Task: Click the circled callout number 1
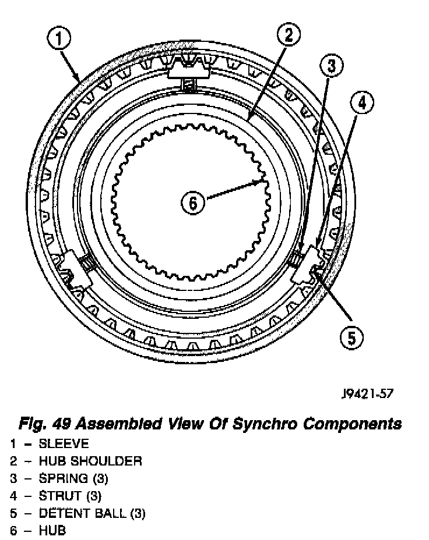click(59, 40)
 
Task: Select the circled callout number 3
click(332, 66)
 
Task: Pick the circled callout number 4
click(362, 104)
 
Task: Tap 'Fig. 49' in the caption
click(44, 423)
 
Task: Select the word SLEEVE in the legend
click(64, 444)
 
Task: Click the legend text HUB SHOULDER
click(90, 461)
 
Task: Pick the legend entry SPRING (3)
click(73, 479)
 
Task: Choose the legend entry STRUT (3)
click(70, 496)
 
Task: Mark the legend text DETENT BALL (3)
click(92, 514)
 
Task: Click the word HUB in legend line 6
click(52, 531)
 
